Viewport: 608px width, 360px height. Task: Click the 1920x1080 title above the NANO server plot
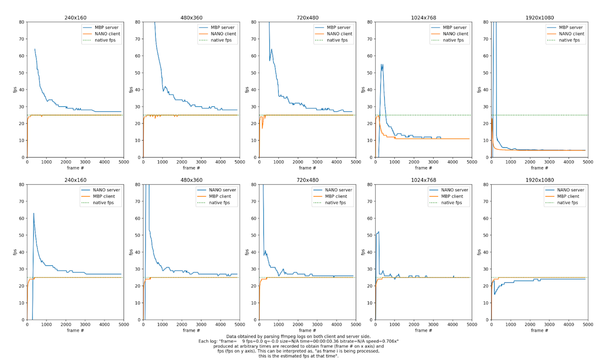(x=540, y=180)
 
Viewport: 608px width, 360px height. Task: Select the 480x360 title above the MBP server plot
(x=192, y=17)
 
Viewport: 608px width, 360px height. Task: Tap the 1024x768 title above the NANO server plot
(x=423, y=180)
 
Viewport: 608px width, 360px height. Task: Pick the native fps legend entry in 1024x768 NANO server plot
(x=451, y=203)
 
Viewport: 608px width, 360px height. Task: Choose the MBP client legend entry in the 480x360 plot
(x=220, y=196)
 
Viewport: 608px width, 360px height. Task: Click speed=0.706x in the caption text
(x=384, y=341)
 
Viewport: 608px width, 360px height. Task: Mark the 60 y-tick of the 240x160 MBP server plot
(x=22, y=56)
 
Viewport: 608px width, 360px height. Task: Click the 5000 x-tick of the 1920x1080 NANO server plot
(x=588, y=325)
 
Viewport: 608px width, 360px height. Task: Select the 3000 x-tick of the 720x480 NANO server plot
(x=317, y=325)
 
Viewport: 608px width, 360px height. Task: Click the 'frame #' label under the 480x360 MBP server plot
(x=191, y=168)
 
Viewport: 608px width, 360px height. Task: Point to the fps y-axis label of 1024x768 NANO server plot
(x=363, y=252)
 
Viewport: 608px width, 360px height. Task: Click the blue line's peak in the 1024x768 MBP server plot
(x=382, y=65)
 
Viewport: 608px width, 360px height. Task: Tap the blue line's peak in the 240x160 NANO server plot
(x=33, y=213)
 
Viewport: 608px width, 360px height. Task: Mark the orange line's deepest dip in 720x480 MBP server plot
(x=262, y=128)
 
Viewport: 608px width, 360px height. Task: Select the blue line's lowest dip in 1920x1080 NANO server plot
(x=494, y=294)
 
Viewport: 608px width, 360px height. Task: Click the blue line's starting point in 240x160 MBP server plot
(x=35, y=49)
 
